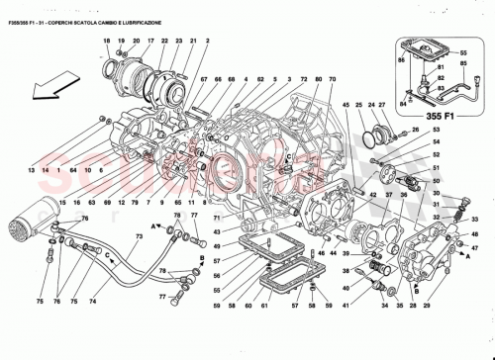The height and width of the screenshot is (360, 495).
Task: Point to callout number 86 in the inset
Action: click(x=401, y=61)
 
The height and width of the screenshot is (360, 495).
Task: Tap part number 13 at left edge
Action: click(x=32, y=171)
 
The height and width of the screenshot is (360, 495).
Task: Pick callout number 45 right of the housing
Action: click(x=346, y=106)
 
